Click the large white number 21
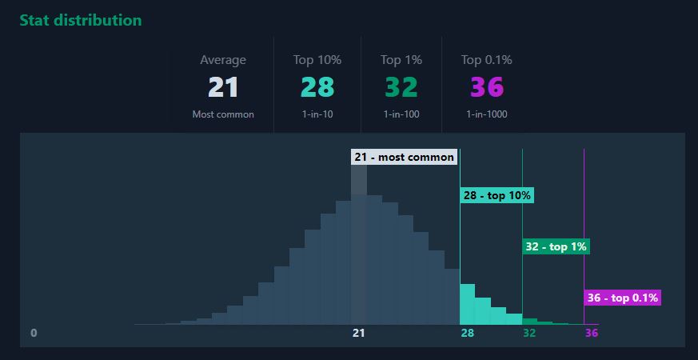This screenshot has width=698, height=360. click(223, 87)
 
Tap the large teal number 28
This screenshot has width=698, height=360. click(317, 87)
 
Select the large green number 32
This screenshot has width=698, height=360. click(401, 87)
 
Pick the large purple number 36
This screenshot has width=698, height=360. click(486, 87)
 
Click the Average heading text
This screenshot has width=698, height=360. click(223, 60)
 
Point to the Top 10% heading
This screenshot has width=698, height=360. click(317, 60)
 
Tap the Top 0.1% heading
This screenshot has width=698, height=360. click(486, 60)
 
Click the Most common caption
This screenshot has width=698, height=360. click(223, 114)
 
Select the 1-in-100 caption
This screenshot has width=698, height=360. click(401, 114)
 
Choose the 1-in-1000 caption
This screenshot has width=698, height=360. click(486, 114)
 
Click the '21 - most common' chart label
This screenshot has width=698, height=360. click(404, 157)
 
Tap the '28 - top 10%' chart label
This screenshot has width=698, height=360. click(497, 195)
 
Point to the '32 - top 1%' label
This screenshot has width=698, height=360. click(556, 246)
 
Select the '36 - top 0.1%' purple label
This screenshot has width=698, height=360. click(622, 298)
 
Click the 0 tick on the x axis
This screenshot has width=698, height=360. click(34, 333)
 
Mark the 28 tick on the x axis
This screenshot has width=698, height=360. click(468, 333)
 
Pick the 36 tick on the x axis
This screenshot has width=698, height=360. click(591, 333)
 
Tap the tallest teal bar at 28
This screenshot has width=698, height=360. click(468, 304)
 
